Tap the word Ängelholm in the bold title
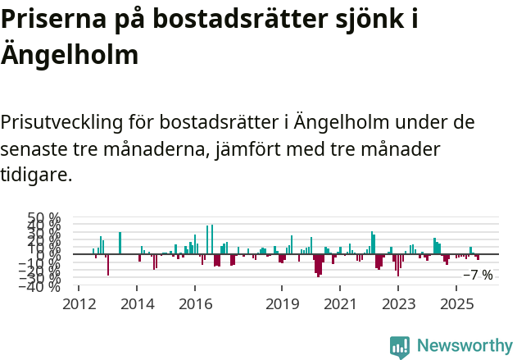tap(69, 56)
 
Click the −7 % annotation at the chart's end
tap(478, 276)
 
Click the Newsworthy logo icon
tap(400, 346)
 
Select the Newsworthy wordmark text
tap(464, 346)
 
